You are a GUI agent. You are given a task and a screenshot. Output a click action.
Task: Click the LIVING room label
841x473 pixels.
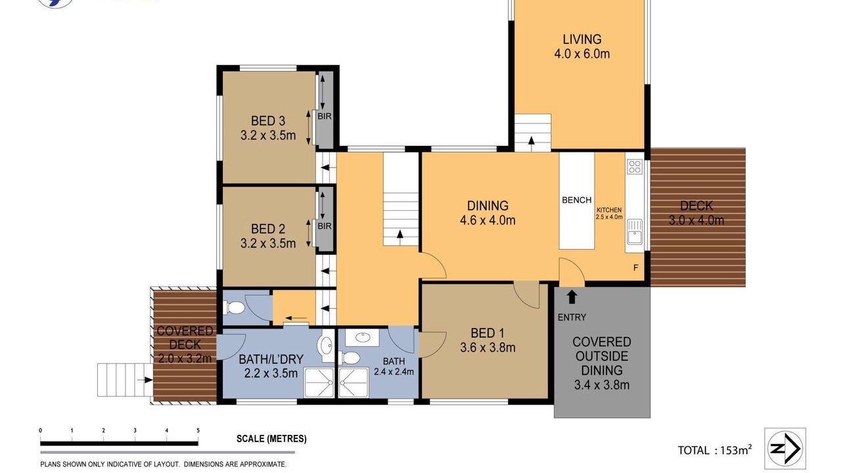tap(582, 39)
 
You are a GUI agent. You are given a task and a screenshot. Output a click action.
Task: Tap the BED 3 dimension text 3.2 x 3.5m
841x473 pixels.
tap(268, 135)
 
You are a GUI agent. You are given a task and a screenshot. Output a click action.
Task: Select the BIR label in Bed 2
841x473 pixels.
tap(325, 226)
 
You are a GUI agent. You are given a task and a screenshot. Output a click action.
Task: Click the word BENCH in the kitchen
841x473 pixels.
tap(577, 200)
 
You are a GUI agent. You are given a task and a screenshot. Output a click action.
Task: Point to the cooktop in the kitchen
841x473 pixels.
tap(635, 167)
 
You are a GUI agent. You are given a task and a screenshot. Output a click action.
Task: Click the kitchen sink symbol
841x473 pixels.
tap(635, 232)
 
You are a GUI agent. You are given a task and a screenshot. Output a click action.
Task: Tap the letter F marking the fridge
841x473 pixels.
tap(635, 267)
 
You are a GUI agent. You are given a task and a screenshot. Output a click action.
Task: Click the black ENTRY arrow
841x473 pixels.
tap(572, 296)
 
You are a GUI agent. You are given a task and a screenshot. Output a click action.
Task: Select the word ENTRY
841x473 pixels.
tap(572, 317)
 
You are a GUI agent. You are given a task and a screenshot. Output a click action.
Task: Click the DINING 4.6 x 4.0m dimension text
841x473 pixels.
tap(488, 220)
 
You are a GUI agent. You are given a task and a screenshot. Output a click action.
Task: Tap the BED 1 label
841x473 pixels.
tap(488, 333)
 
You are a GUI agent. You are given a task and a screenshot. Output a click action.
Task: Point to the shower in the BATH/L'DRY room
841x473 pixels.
tap(319, 383)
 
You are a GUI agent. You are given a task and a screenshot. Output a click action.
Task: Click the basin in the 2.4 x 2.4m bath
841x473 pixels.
tap(362, 337)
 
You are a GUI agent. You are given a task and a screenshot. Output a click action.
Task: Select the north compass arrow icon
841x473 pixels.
tap(785, 449)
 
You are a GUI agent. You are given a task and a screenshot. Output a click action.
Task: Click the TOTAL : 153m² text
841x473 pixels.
tap(714, 450)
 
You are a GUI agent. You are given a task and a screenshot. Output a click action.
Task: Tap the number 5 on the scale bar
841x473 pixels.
tap(198, 430)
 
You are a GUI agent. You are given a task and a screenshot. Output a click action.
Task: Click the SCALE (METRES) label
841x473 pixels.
tap(271, 438)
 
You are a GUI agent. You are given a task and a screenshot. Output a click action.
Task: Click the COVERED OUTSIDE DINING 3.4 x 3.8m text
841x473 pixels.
tap(601, 363)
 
